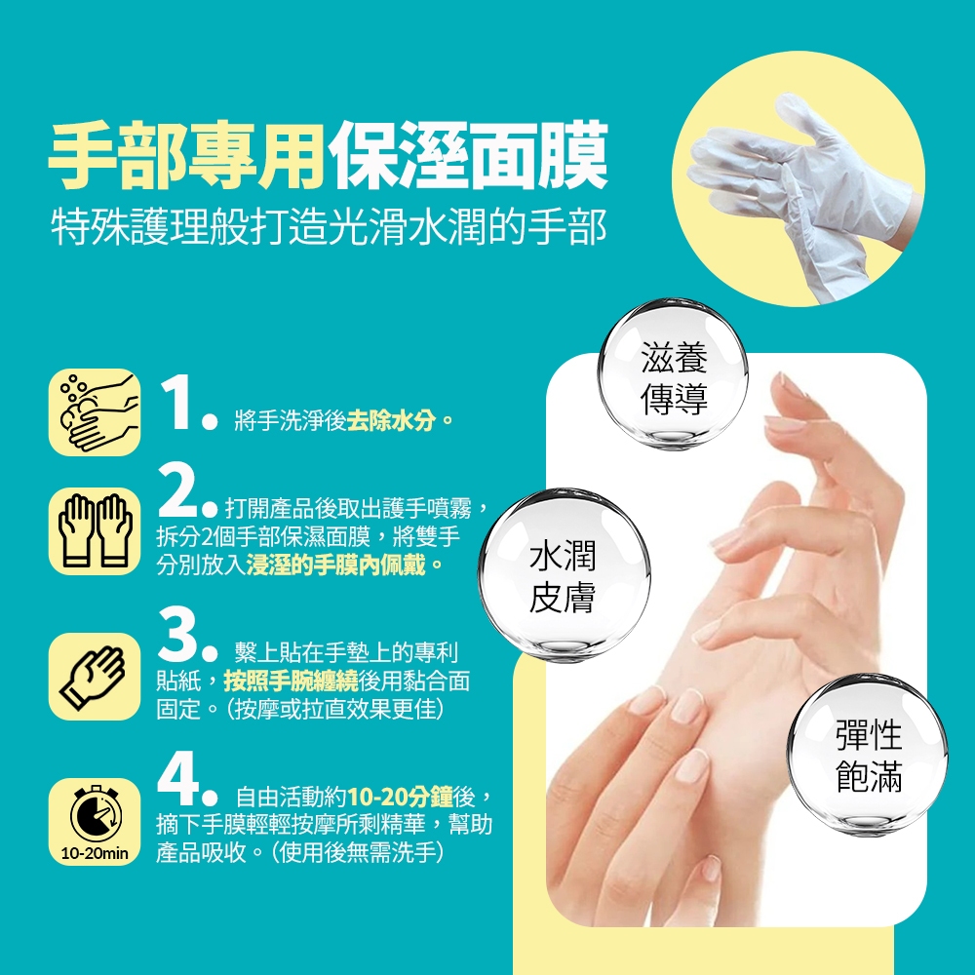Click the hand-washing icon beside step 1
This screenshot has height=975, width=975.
click(x=97, y=412)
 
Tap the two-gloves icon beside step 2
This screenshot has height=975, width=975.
click(x=96, y=530)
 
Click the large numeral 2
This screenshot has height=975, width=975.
click(x=177, y=491)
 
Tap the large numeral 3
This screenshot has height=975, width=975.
click(x=177, y=635)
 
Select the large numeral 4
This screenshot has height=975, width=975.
click(x=178, y=778)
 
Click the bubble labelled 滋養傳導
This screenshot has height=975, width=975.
click(x=674, y=373)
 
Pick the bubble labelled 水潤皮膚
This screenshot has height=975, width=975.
click(x=564, y=574)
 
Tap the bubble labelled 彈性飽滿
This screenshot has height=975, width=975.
click(x=868, y=755)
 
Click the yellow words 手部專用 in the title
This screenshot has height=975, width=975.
click(x=186, y=155)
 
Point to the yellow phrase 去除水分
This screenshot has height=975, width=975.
click(x=392, y=421)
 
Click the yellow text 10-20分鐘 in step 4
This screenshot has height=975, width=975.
click(x=400, y=797)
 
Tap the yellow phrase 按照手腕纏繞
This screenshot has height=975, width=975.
click(x=291, y=682)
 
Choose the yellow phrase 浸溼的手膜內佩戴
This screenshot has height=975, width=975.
click(x=336, y=565)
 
